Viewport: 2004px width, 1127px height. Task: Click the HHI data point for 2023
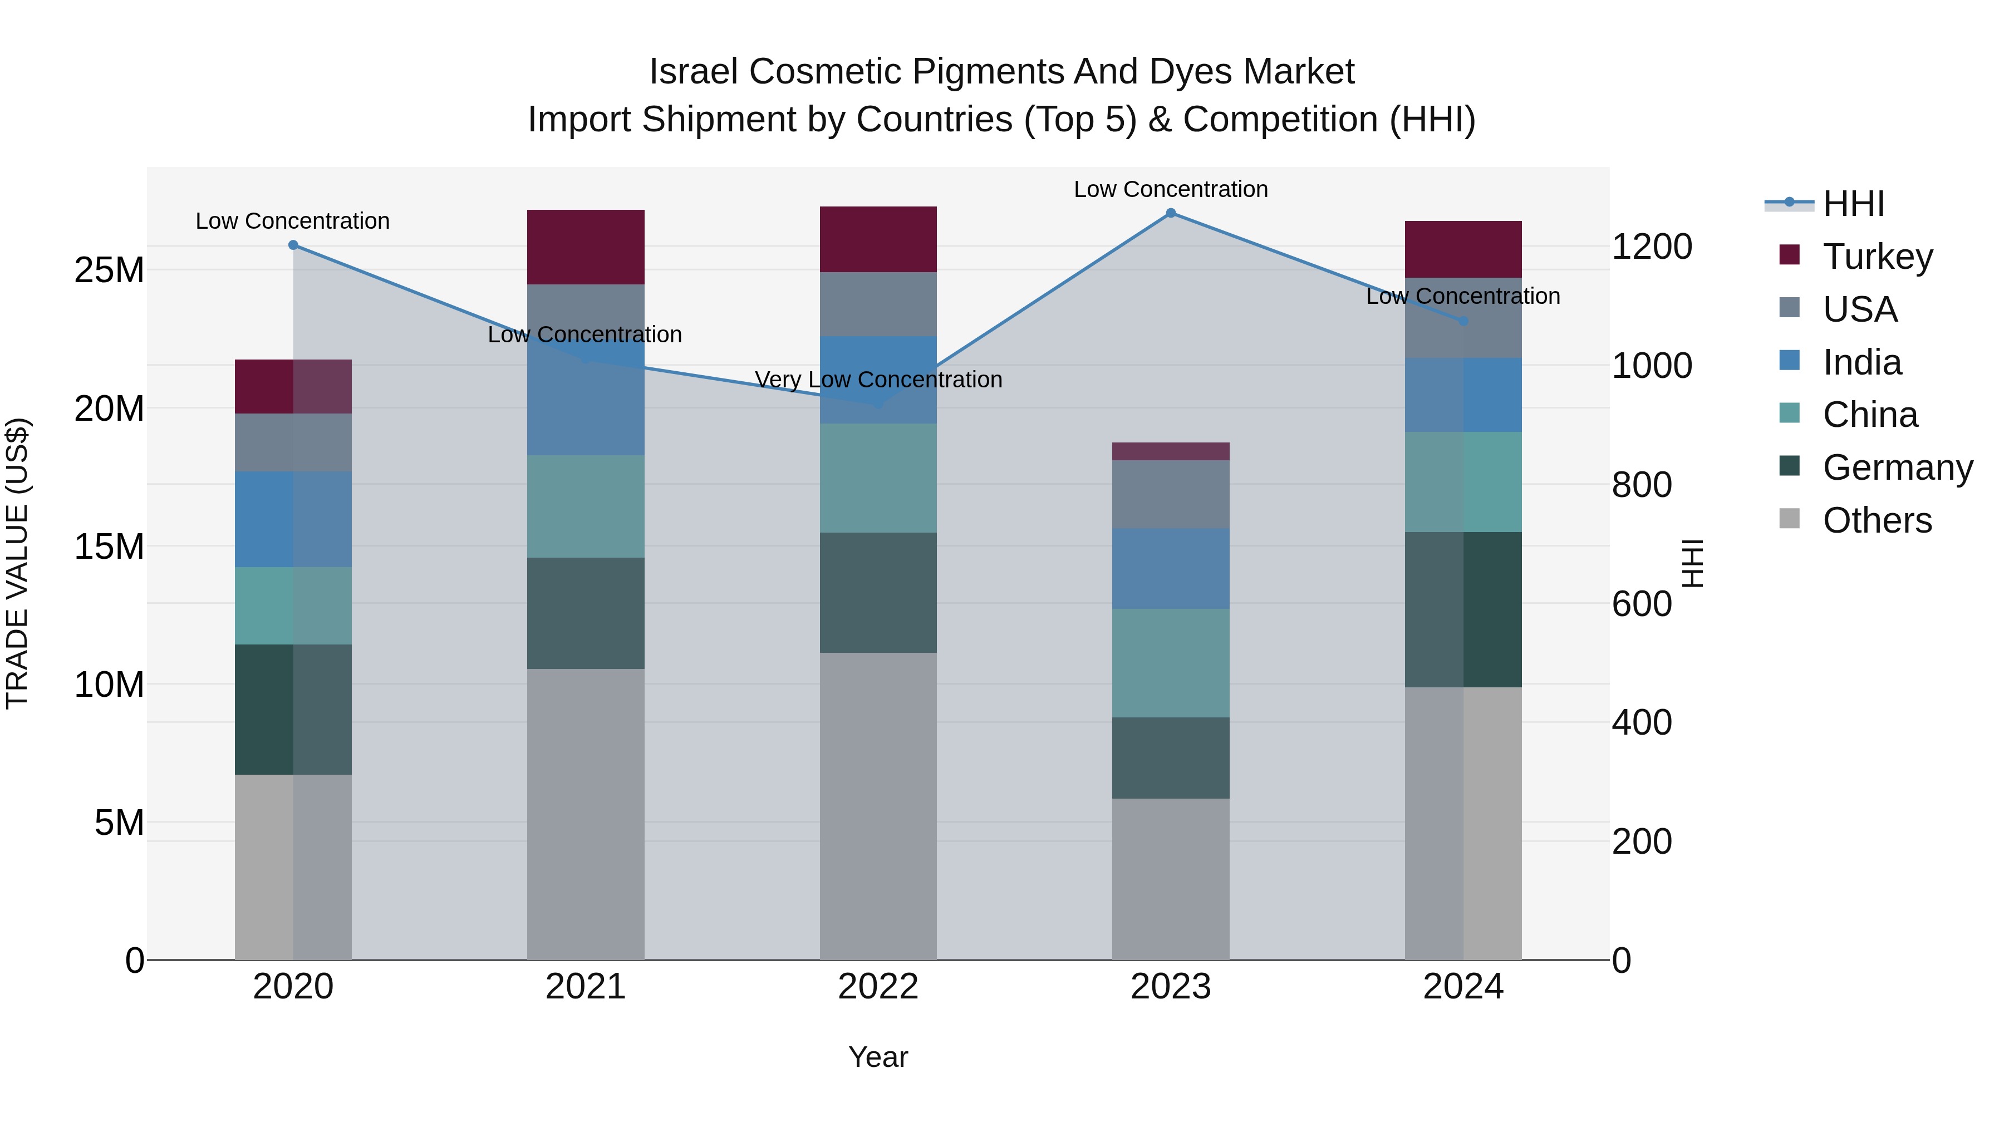tap(1171, 213)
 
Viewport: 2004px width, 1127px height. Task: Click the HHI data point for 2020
tap(293, 245)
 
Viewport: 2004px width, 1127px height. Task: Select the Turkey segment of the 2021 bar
tap(586, 247)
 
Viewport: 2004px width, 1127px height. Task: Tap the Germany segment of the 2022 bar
tap(878, 592)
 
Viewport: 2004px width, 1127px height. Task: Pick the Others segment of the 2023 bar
tap(1171, 879)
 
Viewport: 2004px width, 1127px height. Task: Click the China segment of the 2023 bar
tap(1171, 663)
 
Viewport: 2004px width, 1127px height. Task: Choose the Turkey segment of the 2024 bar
tap(1463, 249)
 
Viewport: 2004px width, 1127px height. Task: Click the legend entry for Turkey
tap(1877, 257)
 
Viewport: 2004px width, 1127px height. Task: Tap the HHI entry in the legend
tap(1853, 204)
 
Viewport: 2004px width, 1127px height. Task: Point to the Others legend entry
tap(1877, 520)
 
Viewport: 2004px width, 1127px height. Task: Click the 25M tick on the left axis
tap(109, 270)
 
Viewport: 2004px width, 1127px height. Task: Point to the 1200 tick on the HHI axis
tap(1652, 247)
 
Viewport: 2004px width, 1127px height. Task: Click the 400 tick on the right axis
tap(1642, 722)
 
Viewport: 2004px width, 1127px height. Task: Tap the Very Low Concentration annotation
tap(878, 380)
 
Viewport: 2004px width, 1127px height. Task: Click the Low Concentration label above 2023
tap(1171, 189)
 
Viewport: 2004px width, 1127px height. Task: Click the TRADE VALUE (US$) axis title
tap(17, 563)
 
